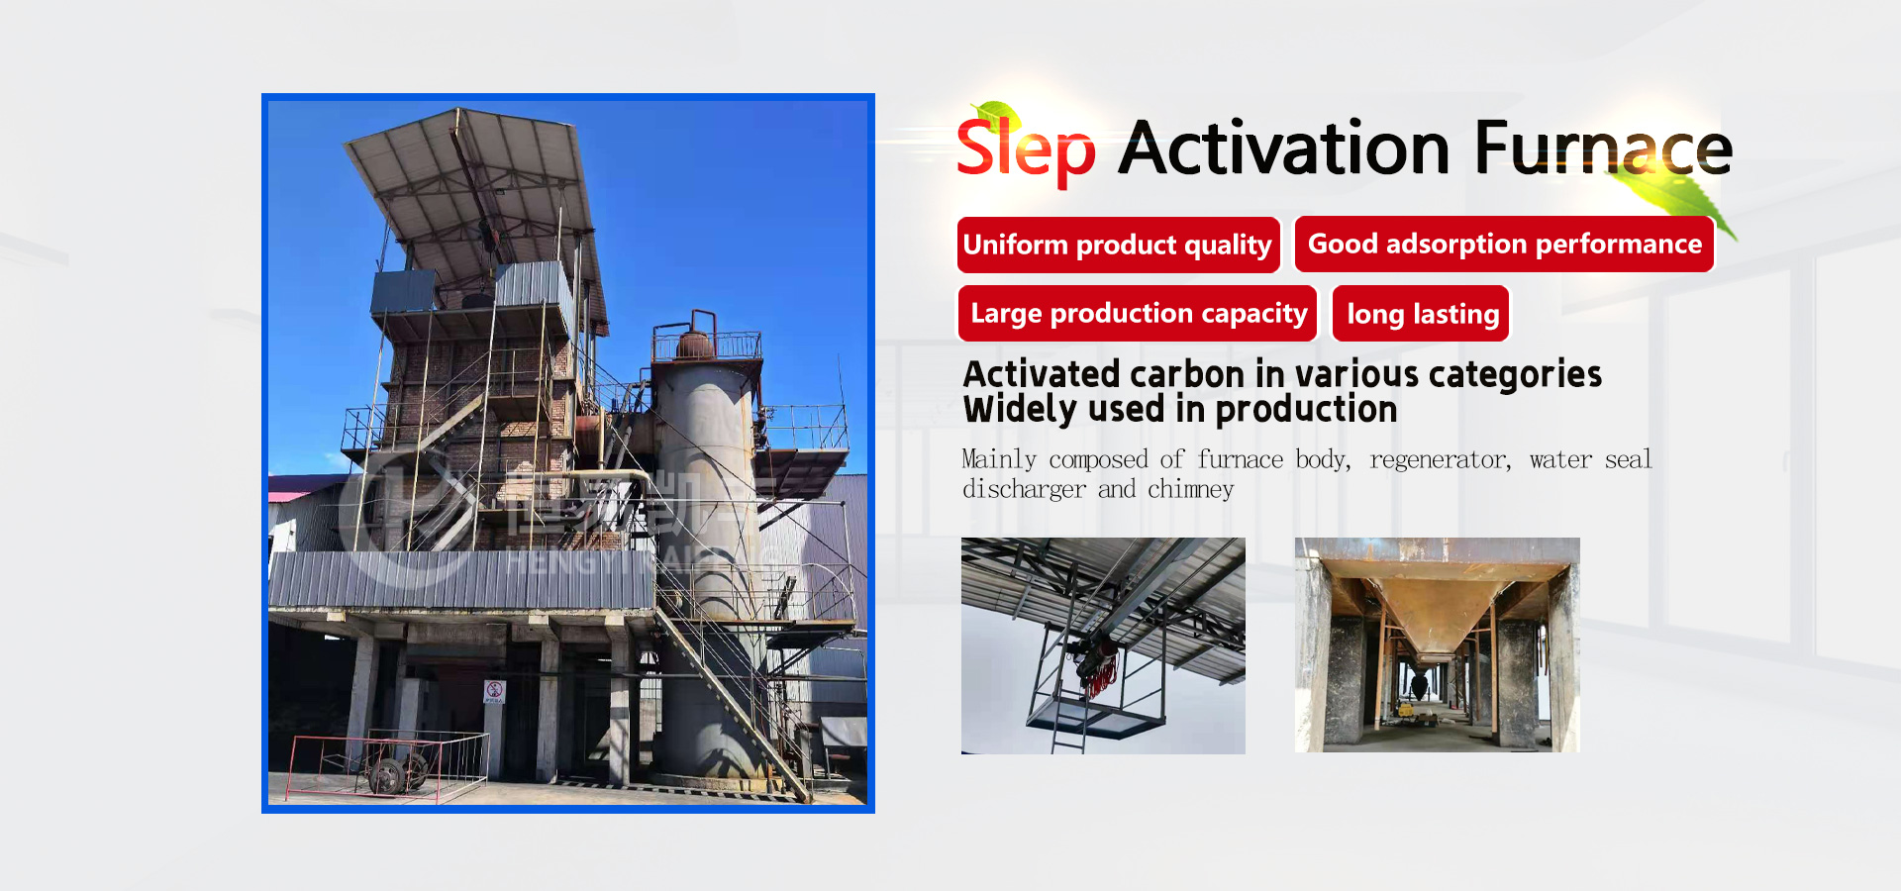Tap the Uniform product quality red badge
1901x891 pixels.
click(1118, 245)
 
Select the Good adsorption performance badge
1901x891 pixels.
click(1504, 244)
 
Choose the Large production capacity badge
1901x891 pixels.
click(1138, 313)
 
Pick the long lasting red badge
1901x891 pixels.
click(1422, 314)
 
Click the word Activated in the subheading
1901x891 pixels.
click(1041, 374)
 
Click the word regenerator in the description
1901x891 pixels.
click(1440, 459)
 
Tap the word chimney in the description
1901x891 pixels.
click(1190, 489)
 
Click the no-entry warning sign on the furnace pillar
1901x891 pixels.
click(494, 691)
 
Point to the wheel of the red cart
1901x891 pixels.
click(385, 775)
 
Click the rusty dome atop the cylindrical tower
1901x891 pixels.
click(693, 345)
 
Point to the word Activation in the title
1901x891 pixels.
click(1284, 148)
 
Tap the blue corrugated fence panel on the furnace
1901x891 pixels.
click(460, 579)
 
